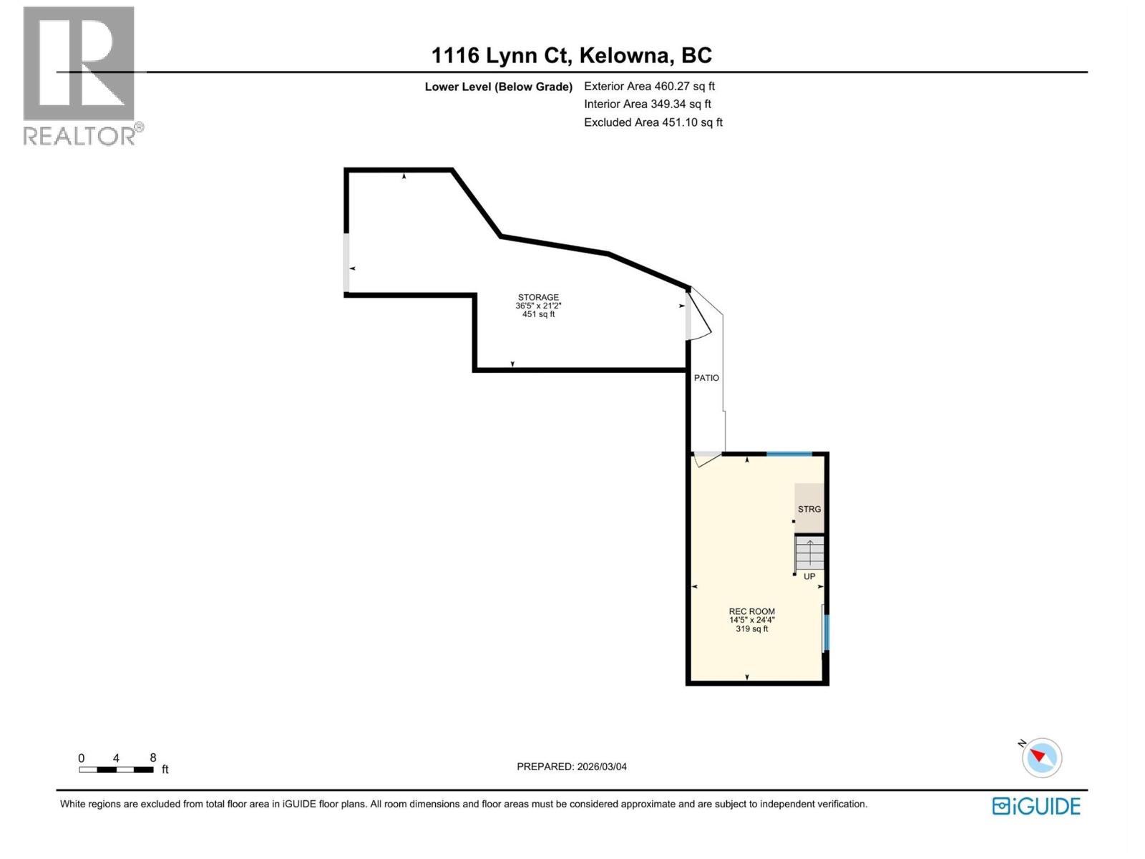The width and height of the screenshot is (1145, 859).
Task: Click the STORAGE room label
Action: point(538,297)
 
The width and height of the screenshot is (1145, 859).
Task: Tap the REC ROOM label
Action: point(751,611)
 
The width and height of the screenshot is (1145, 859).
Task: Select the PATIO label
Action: point(706,378)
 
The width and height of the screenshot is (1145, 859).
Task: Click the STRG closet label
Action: point(809,509)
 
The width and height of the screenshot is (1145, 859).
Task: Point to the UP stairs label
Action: point(809,576)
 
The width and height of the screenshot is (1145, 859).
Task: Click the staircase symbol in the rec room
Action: point(810,553)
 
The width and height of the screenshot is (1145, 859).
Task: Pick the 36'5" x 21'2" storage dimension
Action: point(538,306)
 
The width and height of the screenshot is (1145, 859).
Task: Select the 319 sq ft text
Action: point(751,629)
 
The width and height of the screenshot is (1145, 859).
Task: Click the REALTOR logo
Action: point(79,75)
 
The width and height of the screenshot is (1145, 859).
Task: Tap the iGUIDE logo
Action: point(1036,806)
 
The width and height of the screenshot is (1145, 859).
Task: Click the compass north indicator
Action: point(1042,757)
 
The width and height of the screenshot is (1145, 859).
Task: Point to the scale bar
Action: point(116,770)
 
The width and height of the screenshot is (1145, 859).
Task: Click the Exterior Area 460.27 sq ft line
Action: point(649,87)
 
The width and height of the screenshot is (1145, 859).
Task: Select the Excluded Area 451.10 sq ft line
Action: point(653,122)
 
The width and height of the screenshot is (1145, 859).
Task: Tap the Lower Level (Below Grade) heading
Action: point(498,87)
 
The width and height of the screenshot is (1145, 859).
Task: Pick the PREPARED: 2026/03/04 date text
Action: point(571,767)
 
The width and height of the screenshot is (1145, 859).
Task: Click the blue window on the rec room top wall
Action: point(789,454)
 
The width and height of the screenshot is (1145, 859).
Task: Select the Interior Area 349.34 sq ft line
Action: point(647,105)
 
